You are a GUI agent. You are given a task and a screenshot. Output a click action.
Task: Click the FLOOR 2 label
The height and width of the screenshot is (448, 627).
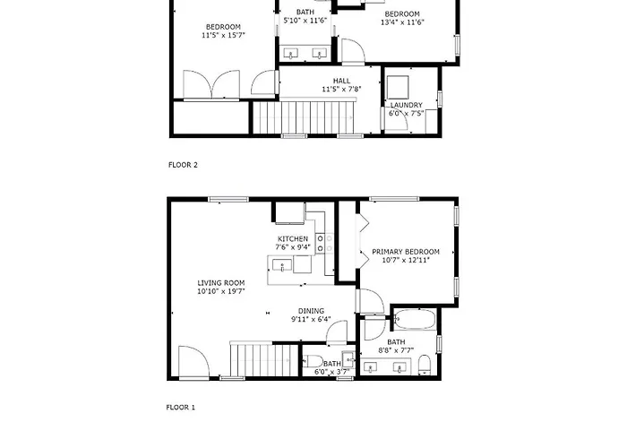point(183,165)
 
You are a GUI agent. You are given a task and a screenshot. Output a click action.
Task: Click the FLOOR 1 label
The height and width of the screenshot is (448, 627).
point(180,407)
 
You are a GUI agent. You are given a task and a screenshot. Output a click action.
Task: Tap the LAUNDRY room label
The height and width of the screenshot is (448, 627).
point(407,105)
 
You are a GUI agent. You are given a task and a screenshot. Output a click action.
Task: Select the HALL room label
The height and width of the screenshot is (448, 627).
point(341,81)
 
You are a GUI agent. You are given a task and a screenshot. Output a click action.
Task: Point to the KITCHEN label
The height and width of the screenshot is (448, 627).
point(293,239)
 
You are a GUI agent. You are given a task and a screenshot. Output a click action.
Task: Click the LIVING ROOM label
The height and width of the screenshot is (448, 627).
point(221,283)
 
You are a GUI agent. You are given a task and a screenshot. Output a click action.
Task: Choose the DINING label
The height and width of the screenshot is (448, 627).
point(311,311)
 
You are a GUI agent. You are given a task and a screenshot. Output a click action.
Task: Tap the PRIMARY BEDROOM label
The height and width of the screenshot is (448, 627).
point(406,252)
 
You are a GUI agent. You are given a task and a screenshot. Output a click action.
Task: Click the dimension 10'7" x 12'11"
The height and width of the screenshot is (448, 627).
point(406,260)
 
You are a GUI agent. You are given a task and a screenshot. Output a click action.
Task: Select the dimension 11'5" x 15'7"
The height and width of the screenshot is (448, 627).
point(223,35)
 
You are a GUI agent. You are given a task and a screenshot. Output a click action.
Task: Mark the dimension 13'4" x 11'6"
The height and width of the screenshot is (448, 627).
point(402,22)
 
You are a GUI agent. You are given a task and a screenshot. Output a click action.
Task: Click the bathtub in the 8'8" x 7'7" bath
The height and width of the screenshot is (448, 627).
point(415,320)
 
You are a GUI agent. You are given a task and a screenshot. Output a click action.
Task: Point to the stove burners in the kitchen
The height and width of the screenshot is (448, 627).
point(324,243)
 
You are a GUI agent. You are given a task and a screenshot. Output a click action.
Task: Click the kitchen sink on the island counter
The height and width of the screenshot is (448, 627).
point(282,265)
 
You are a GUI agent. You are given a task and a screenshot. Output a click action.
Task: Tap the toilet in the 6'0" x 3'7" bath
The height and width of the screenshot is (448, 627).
point(313,361)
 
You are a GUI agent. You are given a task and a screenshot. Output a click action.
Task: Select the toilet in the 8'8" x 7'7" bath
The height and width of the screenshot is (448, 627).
point(425,365)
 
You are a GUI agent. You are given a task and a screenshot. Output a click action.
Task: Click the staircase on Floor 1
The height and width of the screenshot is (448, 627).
point(264,359)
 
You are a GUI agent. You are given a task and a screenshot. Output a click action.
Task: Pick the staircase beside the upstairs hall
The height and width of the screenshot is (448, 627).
point(304,116)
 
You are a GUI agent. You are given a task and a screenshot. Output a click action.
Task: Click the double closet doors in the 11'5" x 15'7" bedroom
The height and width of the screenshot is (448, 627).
point(211,84)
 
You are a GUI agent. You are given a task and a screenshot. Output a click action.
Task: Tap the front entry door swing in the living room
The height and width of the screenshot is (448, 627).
point(193,362)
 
